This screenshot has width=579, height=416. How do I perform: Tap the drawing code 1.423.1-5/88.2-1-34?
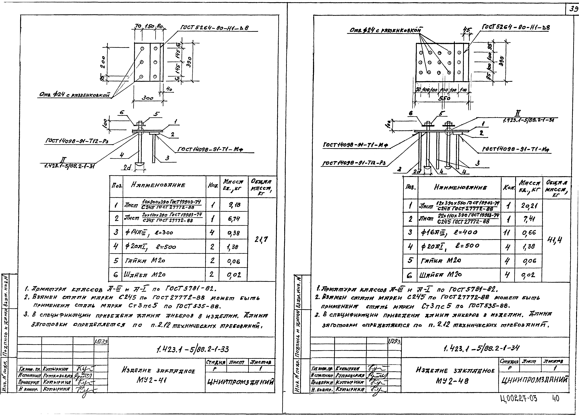click(x=481, y=348)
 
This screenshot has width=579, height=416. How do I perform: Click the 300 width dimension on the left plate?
click(x=148, y=98)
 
